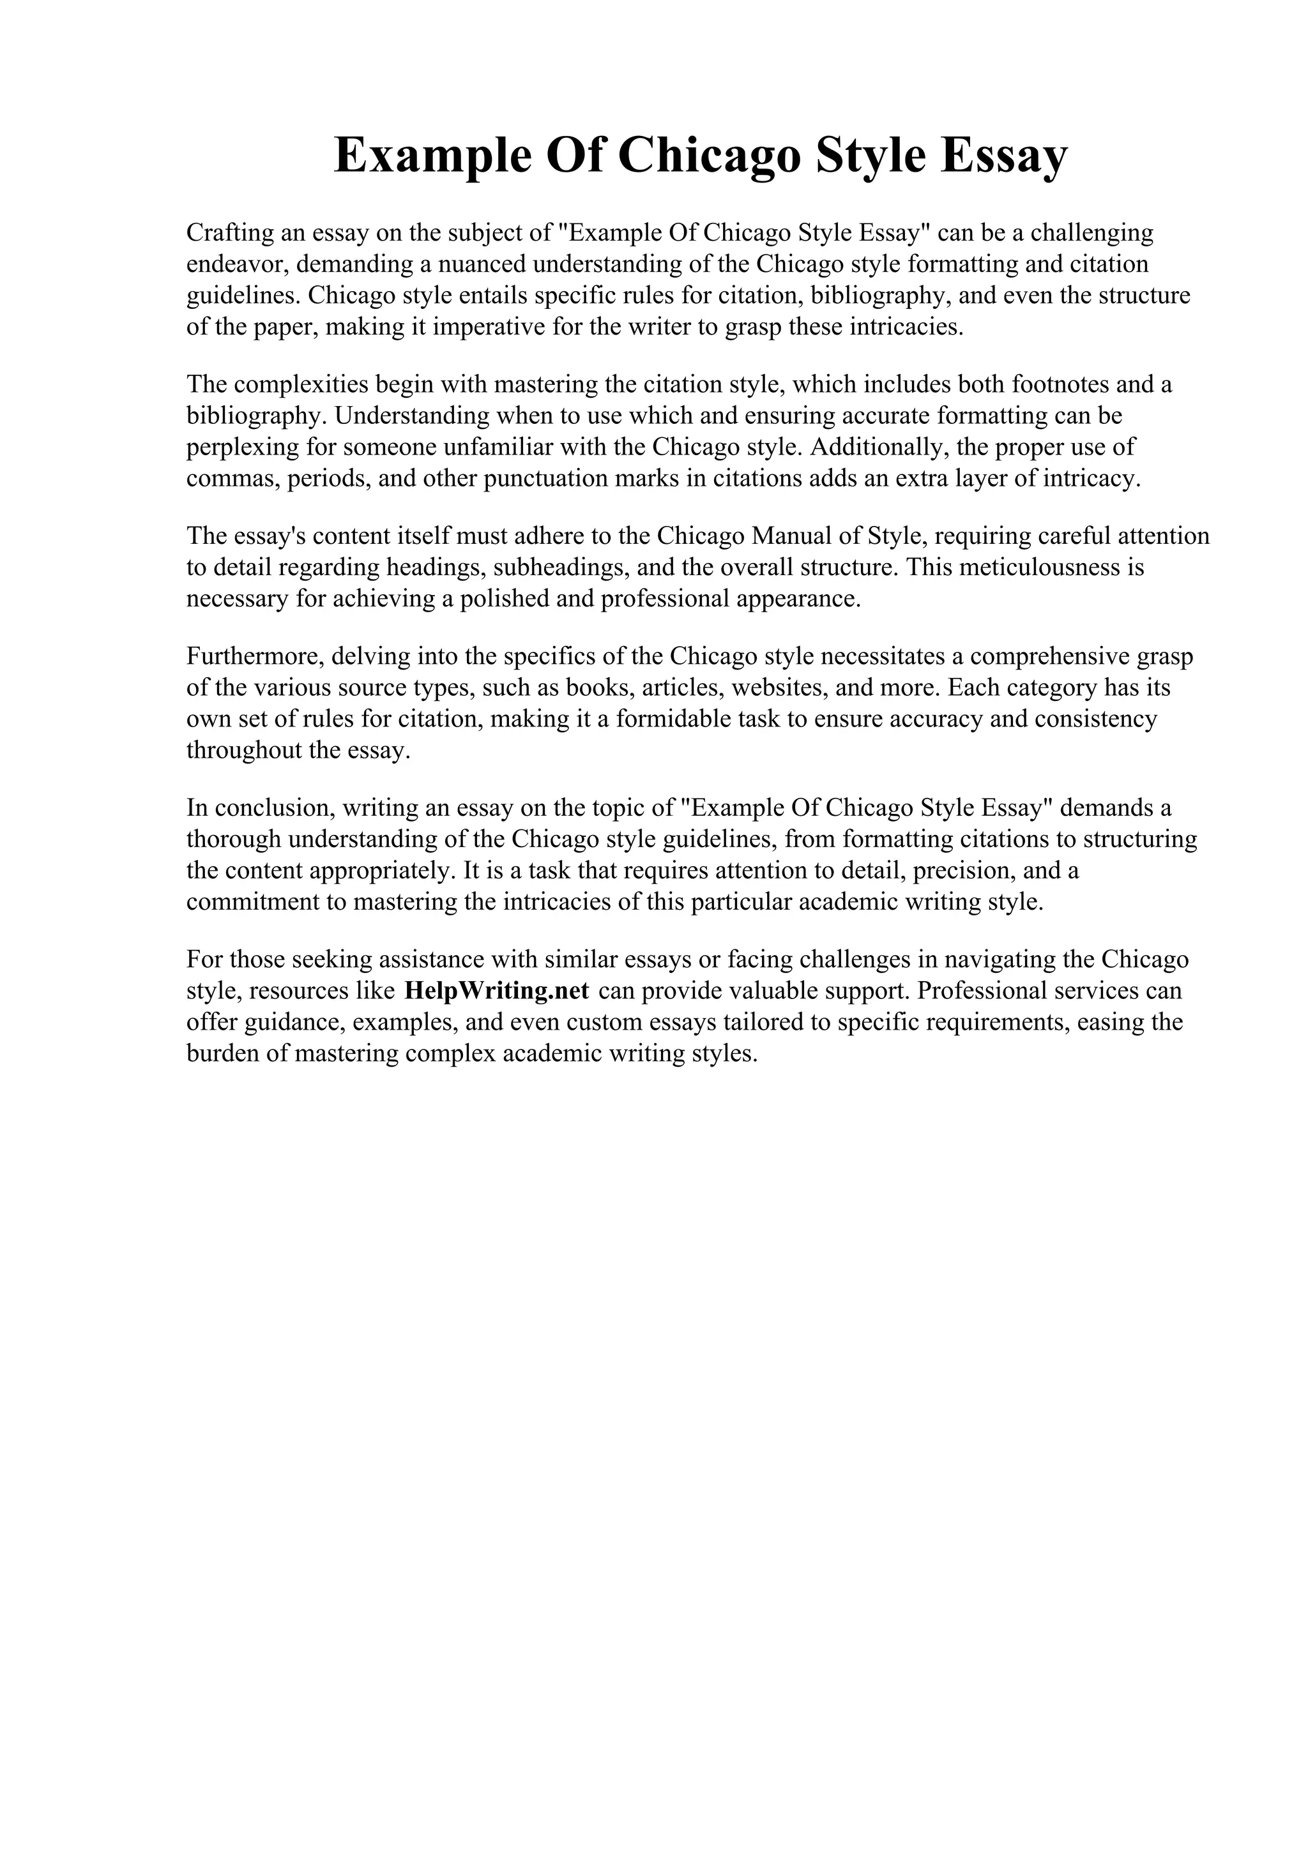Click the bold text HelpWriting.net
click(496, 990)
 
